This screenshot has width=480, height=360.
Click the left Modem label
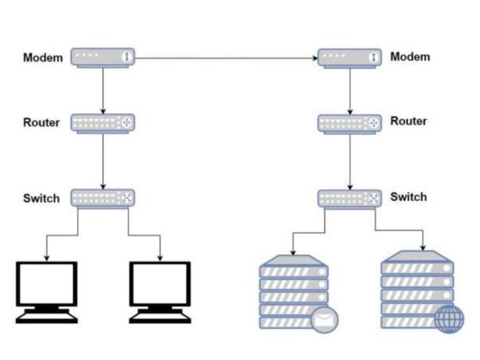(x=43, y=58)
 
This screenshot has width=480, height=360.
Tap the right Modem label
(x=410, y=57)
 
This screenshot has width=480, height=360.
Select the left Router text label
(x=42, y=122)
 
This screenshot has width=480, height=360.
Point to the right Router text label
(x=409, y=122)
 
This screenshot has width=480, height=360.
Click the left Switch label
(x=42, y=198)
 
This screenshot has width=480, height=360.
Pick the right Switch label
(x=409, y=197)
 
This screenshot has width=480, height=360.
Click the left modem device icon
(x=103, y=58)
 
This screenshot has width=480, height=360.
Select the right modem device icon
(x=350, y=58)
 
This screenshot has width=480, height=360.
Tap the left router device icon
(x=103, y=124)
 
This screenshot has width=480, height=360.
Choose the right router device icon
(x=350, y=124)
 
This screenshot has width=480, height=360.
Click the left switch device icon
(x=103, y=199)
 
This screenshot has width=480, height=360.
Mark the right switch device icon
(x=350, y=199)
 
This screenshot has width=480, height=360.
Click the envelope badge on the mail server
(x=324, y=320)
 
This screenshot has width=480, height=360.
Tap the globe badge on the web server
(x=450, y=319)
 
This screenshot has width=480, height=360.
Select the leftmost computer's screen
(x=46, y=283)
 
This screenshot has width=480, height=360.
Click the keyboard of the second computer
(x=160, y=317)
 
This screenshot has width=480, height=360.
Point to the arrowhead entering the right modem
(x=315, y=58)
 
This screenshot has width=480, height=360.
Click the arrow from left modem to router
(x=103, y=91)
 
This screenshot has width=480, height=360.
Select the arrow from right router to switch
(x=350, y=162)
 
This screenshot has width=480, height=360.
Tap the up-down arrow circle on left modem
(x=126, y=57)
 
